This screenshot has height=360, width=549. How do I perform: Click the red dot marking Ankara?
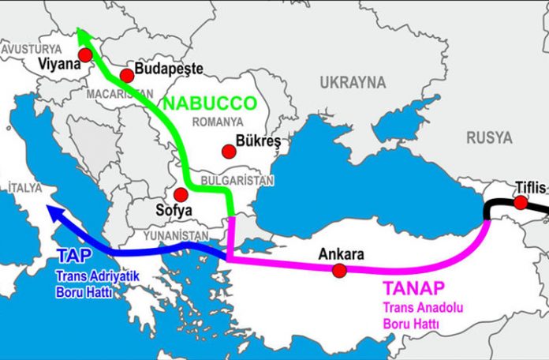(x=339, y=271)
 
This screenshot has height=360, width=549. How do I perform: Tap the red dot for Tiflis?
(x=521, y=203)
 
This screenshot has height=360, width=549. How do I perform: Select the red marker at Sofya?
(x=181, y=194)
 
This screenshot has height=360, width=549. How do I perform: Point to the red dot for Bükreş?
(x=229, y=151)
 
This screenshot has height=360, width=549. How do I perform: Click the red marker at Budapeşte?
(x=126, y=76)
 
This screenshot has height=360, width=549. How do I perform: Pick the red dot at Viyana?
(x=85, y=54)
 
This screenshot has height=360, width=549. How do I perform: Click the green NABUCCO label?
(x=209, y=103)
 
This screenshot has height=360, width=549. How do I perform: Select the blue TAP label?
(x=74, y=256)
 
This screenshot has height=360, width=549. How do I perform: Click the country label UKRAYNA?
(x=353, y=82)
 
